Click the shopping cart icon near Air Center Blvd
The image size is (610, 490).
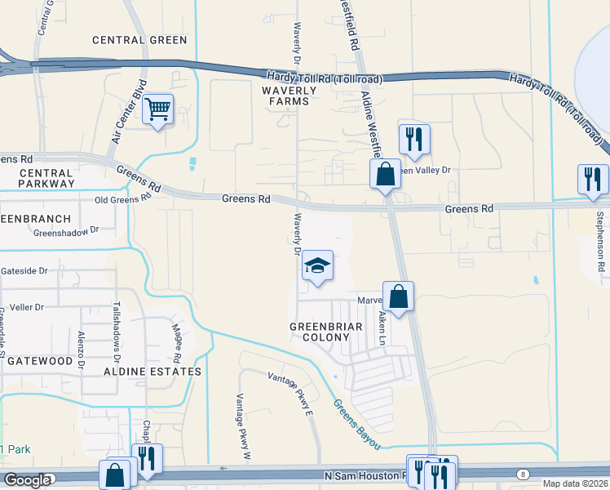click(157, 109)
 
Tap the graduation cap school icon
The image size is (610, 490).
click(317, 266)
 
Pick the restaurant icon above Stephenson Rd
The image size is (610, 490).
click(593, 178)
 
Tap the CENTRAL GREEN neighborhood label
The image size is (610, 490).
click(139, 39)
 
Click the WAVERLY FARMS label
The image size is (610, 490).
click(285, 96)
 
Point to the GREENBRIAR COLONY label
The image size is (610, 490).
click(320, 331)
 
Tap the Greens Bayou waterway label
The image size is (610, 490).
click(356, 423)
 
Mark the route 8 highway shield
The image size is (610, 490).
click(522, 474)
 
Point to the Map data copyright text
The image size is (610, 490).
click(574, 483)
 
